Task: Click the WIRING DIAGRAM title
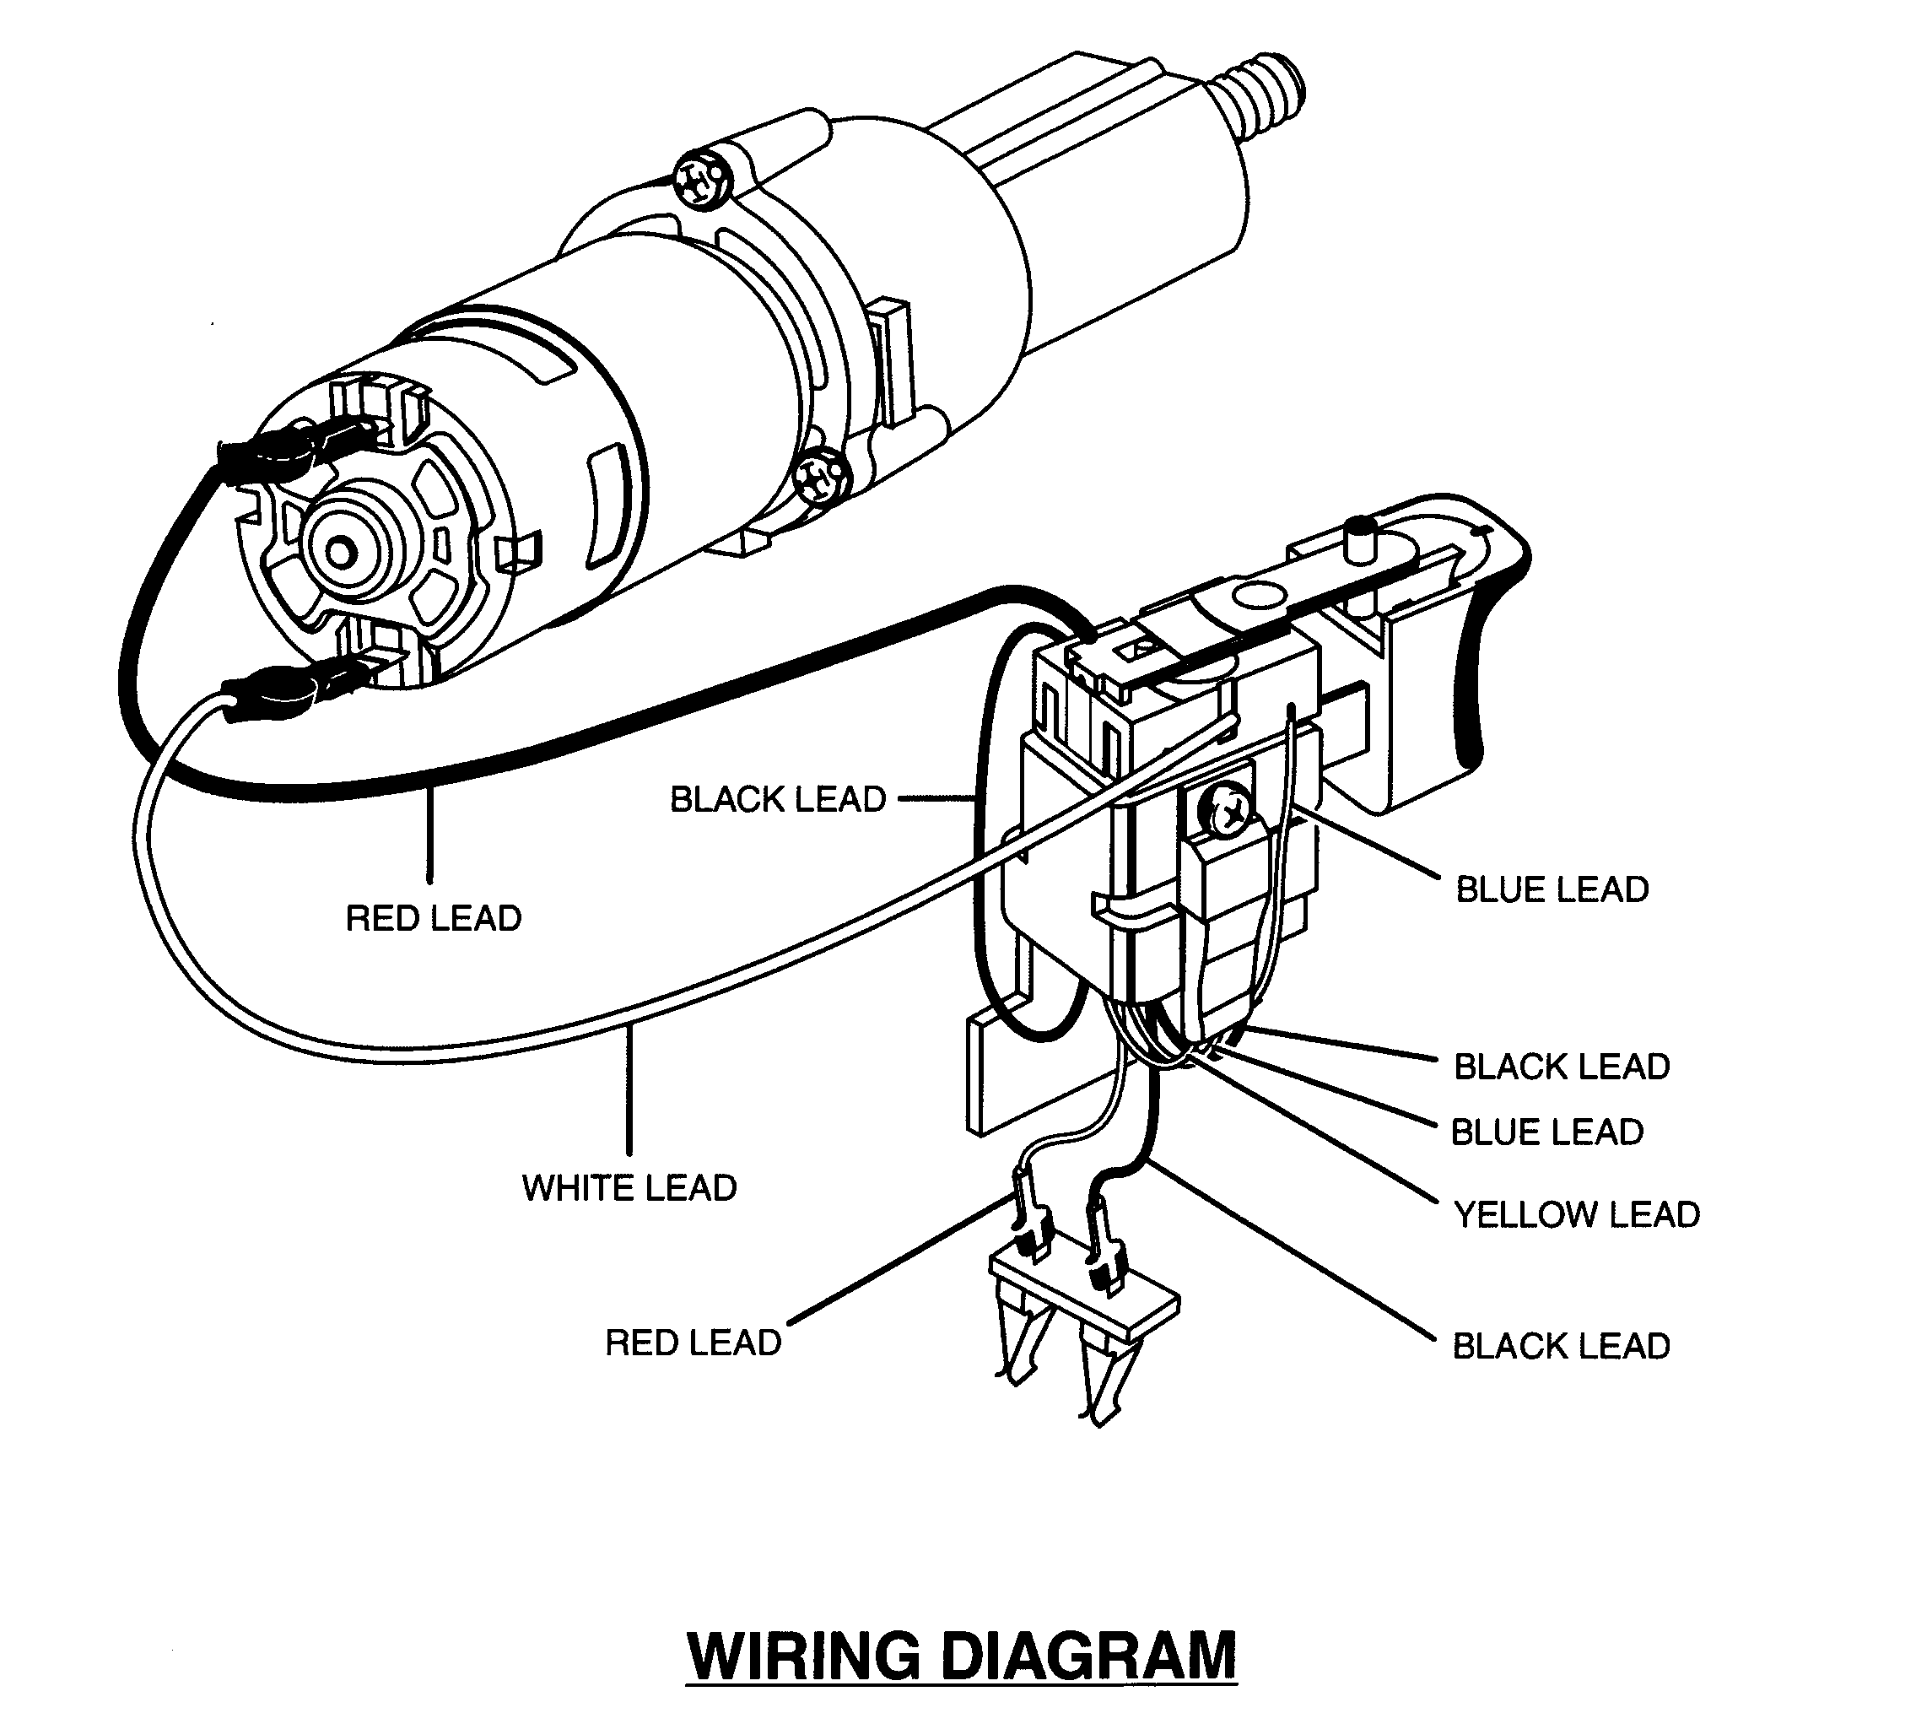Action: pyautogui.click(x=961, y=1655)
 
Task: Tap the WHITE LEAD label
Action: pyautogui.click(x=629, y=1188)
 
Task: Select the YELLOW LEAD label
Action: pyautogui.click(x=1576, y=1214)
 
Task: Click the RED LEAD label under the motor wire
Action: pyautogui.click(x=433, y=918)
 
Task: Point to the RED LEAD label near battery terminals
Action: pyautogui.click(x=693, y=1343)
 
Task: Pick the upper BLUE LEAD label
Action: pyautogui.click(x=1552, y=889)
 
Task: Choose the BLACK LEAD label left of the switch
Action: pyautogui.click(x=777, y=799)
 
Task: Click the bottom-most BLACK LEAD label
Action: pyautogui.click(x=1561, y=1346)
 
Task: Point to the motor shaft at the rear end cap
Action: pyautogui.click(x=340, y=550)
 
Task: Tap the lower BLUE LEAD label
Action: pyautogui.click(x=1546, y=1132)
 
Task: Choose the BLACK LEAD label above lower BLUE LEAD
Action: pyautogui.click(x=1561, y=1067)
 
